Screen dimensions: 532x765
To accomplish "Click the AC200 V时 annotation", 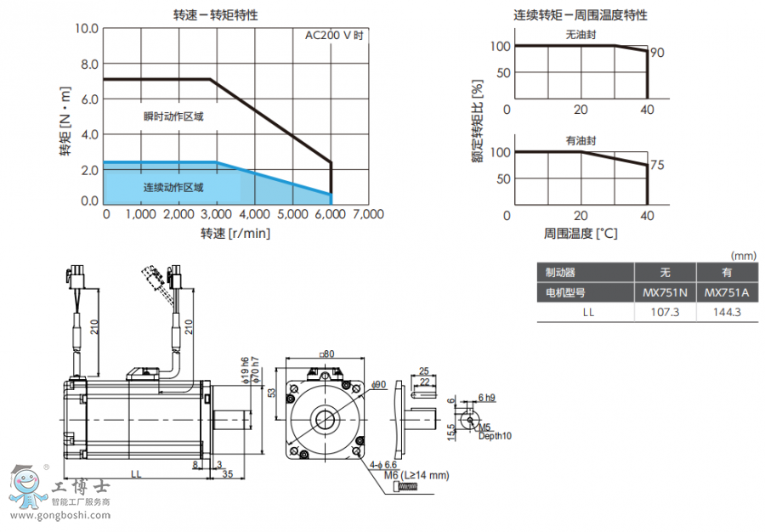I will click(x=334, y=36).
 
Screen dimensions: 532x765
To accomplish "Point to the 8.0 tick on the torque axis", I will click(x=88, y=64).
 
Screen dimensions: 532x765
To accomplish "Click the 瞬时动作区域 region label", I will click(x=173, y=116).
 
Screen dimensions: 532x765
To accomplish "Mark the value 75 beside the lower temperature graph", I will click(x=656, y=166).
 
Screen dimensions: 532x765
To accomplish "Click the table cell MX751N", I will click(x=665, y=292).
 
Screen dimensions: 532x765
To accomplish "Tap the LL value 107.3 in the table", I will click(x=665, y=312).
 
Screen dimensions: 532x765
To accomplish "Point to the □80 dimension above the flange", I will click(x=326, y=354).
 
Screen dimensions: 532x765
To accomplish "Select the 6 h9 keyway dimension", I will click(x=486, y=397).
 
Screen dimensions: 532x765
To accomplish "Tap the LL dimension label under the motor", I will click(x=136, y=473).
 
